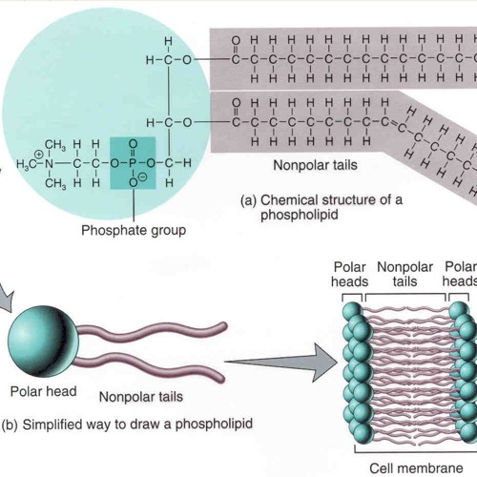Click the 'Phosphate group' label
pos(134,231)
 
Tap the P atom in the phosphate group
pos(133,163)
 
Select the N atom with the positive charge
pos(49,164)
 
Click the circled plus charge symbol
pos(39,155)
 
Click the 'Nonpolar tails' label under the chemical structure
pos(315,165)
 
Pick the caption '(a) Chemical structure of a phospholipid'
pos(321,207)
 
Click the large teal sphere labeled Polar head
pos(43,342)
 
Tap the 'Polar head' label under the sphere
pos(43,391)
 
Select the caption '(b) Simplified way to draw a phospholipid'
pos(127,425)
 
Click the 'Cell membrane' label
pos(416,468)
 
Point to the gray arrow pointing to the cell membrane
pos(281,363)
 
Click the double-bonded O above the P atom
pos(133,144)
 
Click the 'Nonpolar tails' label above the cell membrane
pos(404,274)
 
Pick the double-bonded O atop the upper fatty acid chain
pos(236,40)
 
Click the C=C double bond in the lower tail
pos(393,124)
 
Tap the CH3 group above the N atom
pos(55,145)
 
